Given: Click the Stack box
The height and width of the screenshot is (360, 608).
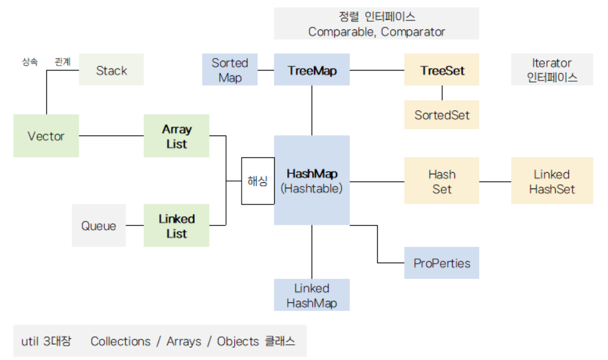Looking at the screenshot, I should (111, 70).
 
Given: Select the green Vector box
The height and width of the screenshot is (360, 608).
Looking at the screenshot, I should (46, 135).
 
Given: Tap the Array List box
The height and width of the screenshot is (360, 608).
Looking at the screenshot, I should (177, 136).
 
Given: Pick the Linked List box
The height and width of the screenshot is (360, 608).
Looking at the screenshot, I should (177, 226).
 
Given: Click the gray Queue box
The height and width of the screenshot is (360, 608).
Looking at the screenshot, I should (99, 225).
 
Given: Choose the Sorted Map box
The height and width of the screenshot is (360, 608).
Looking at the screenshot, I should (230, 70).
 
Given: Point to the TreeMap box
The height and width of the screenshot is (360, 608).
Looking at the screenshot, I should (311, 70).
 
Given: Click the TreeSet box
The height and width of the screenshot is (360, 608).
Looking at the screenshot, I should (442, 70).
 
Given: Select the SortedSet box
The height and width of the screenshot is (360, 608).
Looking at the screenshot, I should (442, 115).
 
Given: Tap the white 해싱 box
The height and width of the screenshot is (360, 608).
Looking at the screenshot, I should (258, 181).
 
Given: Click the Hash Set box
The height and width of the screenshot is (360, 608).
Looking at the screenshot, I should (442, 181).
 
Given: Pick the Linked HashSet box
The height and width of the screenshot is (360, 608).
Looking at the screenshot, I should (552, 181).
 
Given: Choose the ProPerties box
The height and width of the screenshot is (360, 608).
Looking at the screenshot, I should (442, 263).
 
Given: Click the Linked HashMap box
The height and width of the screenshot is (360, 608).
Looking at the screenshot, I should (311, 295).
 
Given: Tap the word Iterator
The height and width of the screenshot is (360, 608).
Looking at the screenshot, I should (552, 63).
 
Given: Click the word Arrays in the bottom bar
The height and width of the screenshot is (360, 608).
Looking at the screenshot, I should (184, 341).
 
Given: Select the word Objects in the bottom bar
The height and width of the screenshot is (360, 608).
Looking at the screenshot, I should (238, 341).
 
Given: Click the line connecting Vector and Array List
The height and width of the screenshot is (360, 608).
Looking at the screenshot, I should (111, 135).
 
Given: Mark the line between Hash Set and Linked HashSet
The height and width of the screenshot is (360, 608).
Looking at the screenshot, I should (495, 182).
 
